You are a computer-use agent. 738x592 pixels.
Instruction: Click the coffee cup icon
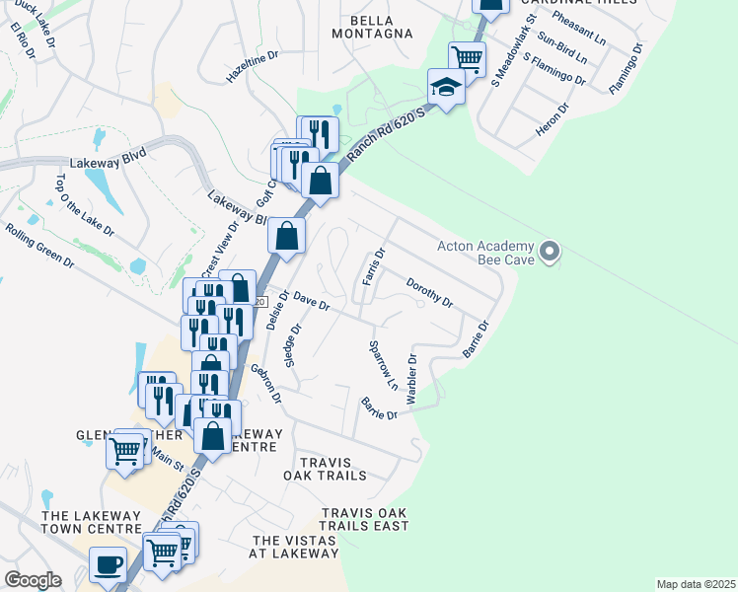[x=109, y=564]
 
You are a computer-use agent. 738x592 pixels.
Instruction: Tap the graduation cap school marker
[x=446, y=87]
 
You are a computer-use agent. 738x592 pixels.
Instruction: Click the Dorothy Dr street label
[x=429, y=291]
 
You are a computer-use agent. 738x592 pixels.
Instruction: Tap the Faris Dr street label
[x=372, y=267]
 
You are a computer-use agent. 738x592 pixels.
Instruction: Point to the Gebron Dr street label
[x=266, y=385]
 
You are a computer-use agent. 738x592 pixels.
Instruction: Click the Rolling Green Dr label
[x=39, y=247]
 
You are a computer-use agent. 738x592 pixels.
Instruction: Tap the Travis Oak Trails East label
[x=365, y=519]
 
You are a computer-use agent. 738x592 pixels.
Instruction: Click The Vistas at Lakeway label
[x=295, y=547]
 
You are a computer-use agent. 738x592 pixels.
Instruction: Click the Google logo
[x=33, y=580]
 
